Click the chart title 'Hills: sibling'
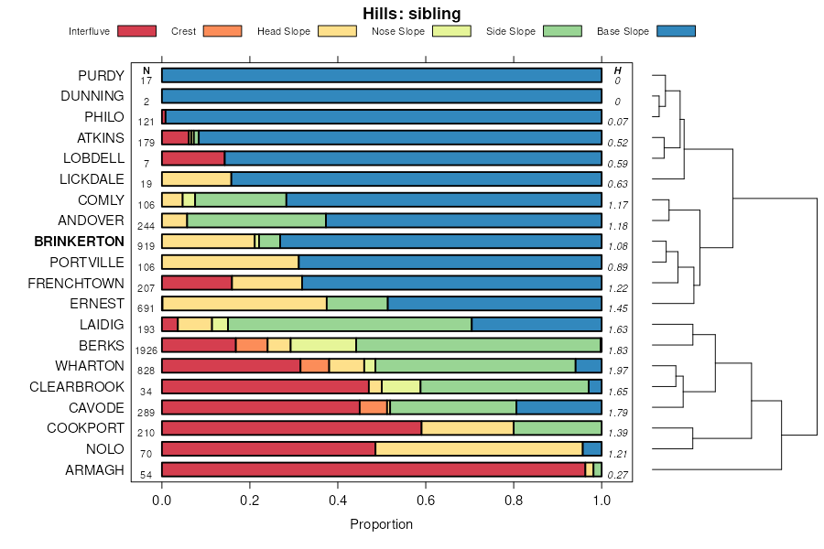[x=411, y=13]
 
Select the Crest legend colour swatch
[x=222, y=31]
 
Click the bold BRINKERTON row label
[x=79, y=242]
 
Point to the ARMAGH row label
[x=94, y=470]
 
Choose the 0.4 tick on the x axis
[x=338, y=501]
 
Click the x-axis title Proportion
[x=382, y=524]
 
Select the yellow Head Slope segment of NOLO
[x=479, y=449]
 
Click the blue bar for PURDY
[x=382, y=75]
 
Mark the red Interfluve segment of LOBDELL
[x=192, y=158]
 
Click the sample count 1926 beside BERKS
[x=146, y=350]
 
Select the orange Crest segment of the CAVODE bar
[x=373, y=407]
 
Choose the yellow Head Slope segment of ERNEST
[x=244, y=303]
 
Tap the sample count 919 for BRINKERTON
[x=146, y=246]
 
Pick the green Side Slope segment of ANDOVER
[x=256, y=220]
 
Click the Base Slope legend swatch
[x=677, y=31]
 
